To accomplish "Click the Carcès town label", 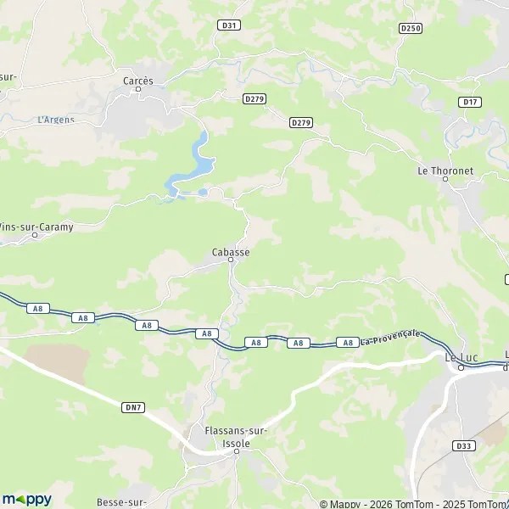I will (x=137, y=81).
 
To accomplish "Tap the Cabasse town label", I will (x=231, y=252).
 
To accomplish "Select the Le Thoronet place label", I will (x=445, y=170).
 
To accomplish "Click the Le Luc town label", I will (x=461, y=357).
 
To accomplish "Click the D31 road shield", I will (x=228, y=25).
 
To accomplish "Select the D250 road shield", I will (x=411, y=28).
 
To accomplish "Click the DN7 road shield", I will (x=134, y=407).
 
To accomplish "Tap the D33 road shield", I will (x=463, y=445).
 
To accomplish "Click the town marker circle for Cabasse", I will (x=231, y=260).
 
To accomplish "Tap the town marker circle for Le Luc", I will (x=461, y=367).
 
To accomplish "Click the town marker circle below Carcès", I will (x=138, y=89).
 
